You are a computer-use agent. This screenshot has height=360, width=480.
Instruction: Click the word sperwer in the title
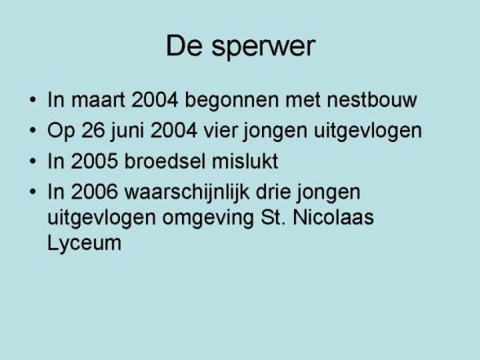264,47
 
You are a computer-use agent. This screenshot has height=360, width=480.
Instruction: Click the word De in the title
184,45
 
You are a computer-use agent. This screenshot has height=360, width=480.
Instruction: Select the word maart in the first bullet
98,100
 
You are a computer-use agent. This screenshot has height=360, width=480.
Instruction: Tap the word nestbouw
372,100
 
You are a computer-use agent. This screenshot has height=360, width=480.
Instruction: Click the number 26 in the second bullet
93,130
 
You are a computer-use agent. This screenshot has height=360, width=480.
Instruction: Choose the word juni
127,132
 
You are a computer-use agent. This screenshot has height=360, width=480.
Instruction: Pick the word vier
220,130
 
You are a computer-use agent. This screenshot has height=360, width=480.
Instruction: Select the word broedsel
165,161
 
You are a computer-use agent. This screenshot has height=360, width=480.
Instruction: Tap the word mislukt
245,161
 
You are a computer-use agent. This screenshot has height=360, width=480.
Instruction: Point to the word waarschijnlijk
187,194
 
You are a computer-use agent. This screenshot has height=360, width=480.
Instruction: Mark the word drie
273,191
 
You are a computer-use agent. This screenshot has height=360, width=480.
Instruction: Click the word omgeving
208,219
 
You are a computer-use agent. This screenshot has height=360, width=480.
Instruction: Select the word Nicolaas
333,217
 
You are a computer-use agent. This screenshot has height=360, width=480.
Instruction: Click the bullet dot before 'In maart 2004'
33,100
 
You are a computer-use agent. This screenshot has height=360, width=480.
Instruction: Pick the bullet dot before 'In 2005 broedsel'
33,161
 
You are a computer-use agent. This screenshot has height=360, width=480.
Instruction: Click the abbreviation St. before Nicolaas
273,217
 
